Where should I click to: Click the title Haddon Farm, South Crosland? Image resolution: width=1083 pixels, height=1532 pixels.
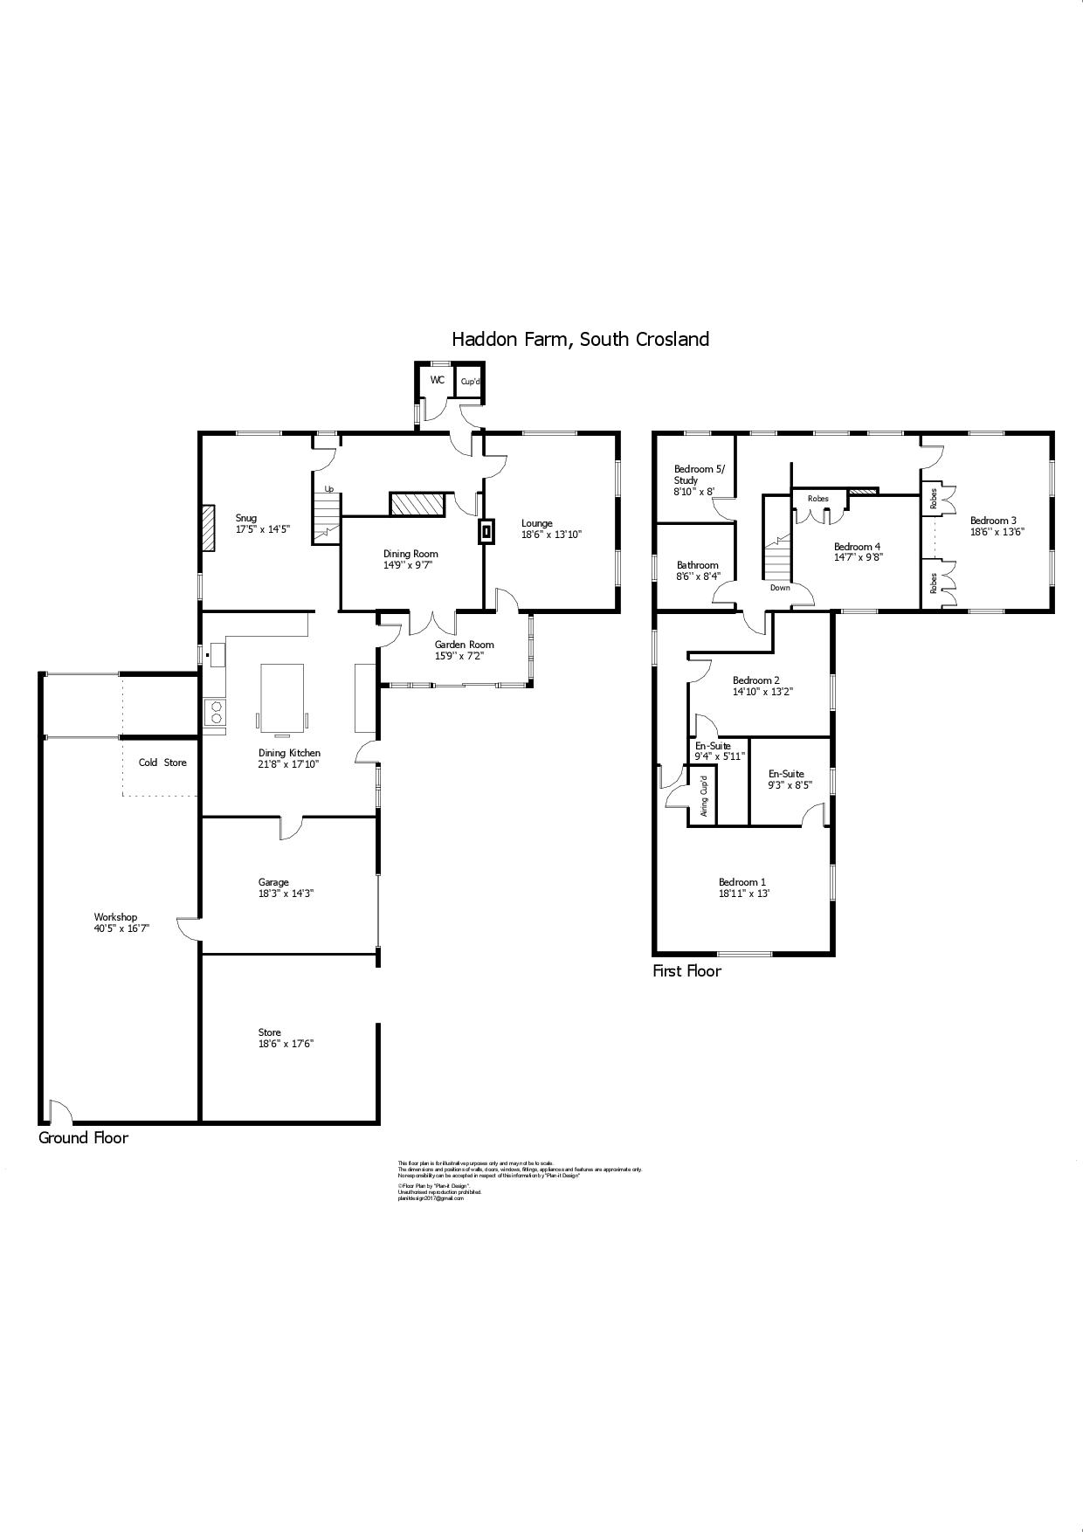[x=580, y=339]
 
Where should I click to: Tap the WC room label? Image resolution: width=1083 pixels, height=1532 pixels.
[x=438, y=380]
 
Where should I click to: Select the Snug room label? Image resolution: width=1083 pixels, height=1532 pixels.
[x=246, y=518]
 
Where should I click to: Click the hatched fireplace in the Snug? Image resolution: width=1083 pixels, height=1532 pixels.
[x=207, y=528]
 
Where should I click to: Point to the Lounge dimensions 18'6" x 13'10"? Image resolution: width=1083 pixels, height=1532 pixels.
[x=551, y=535]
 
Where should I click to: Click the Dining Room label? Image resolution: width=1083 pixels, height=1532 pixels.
[x=410, y=554]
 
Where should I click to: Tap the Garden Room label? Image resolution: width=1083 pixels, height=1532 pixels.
[x=464, y=645]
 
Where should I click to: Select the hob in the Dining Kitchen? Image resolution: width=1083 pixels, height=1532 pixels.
[x=214, y=713]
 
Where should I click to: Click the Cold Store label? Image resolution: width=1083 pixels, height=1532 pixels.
[x=162, y=763]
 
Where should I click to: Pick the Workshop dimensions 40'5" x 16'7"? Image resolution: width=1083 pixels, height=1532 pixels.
[x=121, y=928]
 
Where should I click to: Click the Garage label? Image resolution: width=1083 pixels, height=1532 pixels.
[x=272, y=882]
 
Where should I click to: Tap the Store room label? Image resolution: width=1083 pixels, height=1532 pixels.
[x=269, y=1032]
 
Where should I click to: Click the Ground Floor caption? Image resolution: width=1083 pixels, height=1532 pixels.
[x=83, y=1137]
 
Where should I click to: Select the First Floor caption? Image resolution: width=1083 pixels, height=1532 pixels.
[x=686, y=970]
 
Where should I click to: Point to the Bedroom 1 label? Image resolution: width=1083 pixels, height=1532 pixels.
[x=742, y=882]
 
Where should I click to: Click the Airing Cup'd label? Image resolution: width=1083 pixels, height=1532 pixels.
[x=703, y=795]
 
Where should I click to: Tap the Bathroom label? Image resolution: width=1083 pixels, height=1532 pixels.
[x=697, y=565]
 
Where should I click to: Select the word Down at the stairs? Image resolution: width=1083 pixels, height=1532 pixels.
[x=780, y=588]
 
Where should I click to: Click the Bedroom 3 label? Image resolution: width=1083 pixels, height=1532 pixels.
[x=993, y=521]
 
